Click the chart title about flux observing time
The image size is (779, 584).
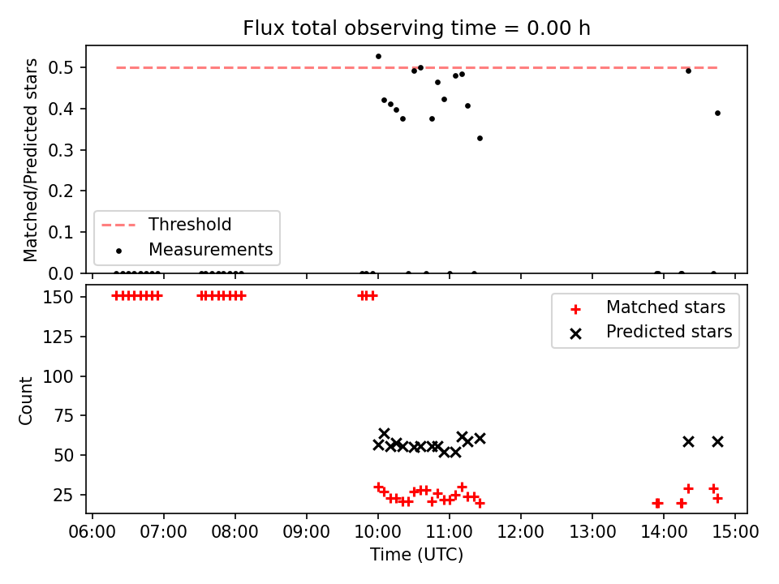click(x=416, y=28)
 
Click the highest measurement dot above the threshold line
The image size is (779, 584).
click(x=378, y=57)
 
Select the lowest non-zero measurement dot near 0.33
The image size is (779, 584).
click(x=480, y=139)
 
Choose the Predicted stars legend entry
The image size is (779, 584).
click(x=651, y=332)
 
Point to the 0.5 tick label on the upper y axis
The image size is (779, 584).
click(x=61, y=67)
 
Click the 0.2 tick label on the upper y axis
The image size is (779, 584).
click(x=61, y=191)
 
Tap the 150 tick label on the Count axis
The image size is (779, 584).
click(x=58, y=297)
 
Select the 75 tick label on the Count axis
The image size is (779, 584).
click(x=63, y=415)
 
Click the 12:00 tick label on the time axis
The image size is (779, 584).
click(x=521, y=532)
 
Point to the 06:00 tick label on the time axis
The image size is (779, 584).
click(x=93, y=532)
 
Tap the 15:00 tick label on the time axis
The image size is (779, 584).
click(x=735, y=532)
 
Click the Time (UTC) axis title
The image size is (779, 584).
click(x=416, y=554)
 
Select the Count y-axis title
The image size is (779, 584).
click(x=25, y=400)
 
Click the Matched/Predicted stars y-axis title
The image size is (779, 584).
click(x=30, y=160)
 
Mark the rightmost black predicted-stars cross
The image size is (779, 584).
click(x=717, y=441)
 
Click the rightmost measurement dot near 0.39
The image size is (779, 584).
click(x=717, y=114)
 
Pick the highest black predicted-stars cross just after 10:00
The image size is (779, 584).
click(x=384, y=433)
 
